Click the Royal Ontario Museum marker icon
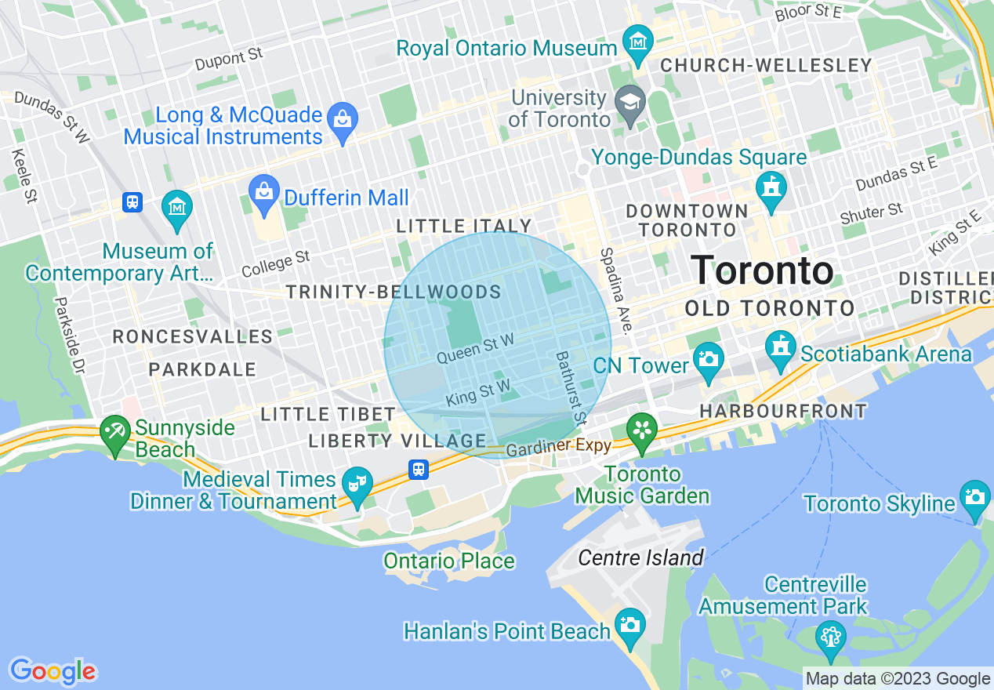pos(638,42)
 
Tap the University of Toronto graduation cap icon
pos(630,102)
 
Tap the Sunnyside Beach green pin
pos(116,433)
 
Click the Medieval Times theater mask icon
pos(357,485)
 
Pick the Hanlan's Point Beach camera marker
pos(629,626)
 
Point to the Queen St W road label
pos(475,347)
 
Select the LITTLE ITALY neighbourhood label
pos(464,227)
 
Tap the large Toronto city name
pos(762,271)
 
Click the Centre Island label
pos(640,558)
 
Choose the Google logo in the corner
pos(53,671)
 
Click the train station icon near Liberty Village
pos(419,470)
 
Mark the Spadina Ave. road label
pos(616,291)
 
